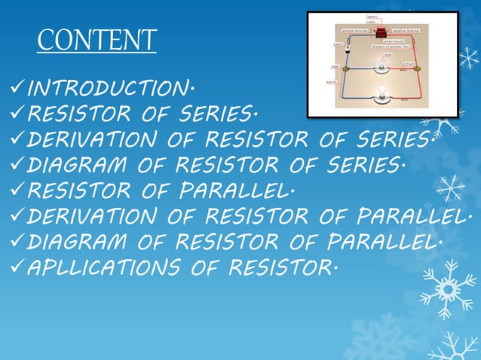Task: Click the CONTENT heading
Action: click(97, 40)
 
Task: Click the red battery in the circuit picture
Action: click(382, 31)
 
